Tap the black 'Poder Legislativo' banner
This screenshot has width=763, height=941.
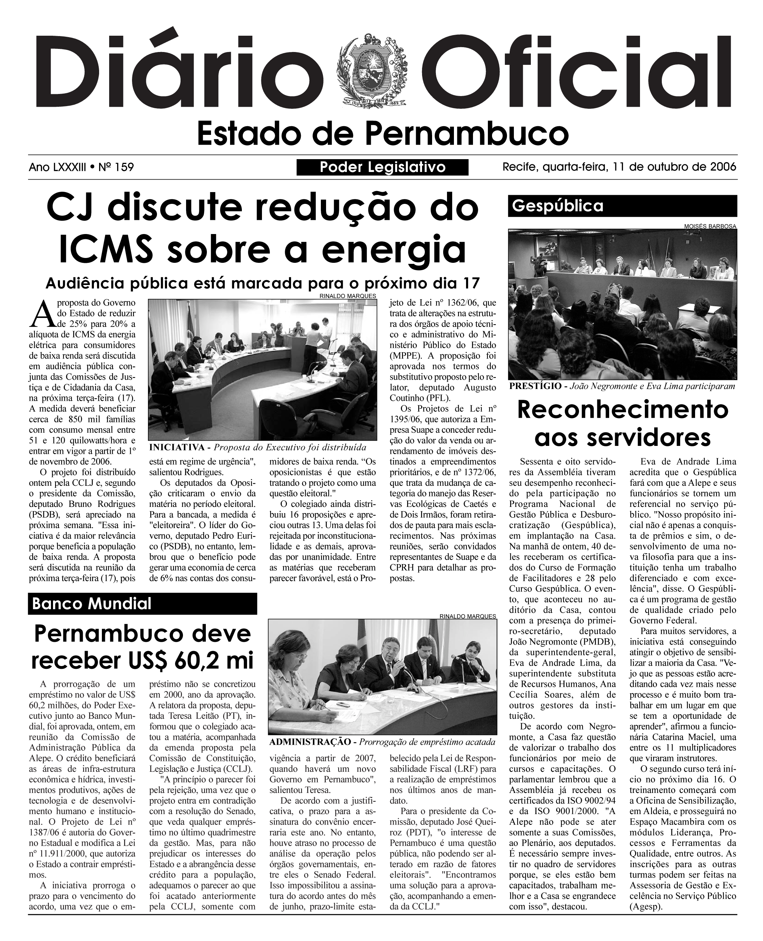point(383,167)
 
